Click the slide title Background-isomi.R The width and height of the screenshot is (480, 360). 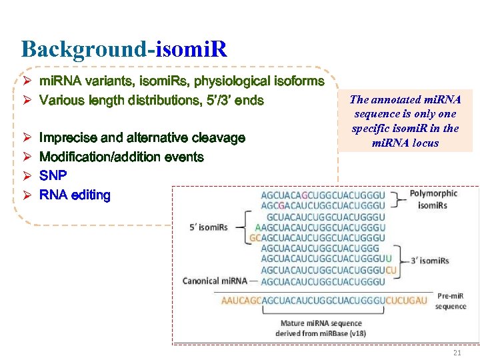pos(124,49)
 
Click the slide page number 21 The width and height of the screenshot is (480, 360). pos(457,353)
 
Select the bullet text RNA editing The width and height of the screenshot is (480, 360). pos(75,195)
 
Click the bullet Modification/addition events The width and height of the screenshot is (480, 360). pos(121,157)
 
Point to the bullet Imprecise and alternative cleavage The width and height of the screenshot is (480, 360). pos(142,138)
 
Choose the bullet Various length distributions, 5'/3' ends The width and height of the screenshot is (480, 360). pos(151,101)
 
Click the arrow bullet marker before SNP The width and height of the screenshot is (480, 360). pos(27,176)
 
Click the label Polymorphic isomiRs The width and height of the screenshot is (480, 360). pos(433,199)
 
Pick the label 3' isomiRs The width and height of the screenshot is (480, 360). pos(430,260)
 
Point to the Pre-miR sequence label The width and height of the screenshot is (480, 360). pos(451,301)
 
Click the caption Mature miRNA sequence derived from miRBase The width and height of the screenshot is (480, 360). pos(321,328)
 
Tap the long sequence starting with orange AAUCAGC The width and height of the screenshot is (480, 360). pos(323,301)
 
